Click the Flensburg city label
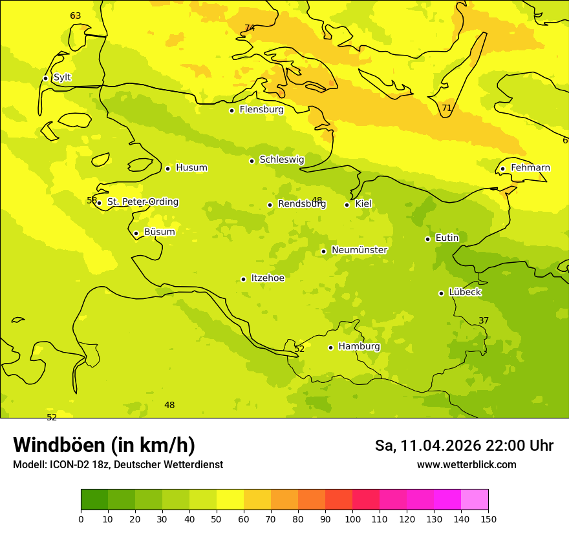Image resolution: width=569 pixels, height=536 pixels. (261, 110)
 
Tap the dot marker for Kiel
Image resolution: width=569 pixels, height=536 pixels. (347, 205)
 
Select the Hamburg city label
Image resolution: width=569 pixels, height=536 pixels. (359, 347)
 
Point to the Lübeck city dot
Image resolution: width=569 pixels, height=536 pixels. (441, 293)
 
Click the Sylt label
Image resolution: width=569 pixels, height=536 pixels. (62, 77)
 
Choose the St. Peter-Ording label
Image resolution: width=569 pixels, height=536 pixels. (142, 202)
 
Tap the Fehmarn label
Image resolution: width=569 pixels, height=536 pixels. (530, 168)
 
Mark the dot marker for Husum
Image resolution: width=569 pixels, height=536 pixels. (167, 169)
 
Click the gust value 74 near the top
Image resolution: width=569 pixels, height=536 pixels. (250, 28)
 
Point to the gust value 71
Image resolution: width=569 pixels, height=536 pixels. (447, 108)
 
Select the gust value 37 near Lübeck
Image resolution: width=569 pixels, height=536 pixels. (484, 321)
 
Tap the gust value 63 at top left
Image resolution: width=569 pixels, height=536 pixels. (76, 16)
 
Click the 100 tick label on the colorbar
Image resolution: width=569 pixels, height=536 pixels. (352, 519)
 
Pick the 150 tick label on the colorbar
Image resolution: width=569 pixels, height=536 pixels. (488, 519)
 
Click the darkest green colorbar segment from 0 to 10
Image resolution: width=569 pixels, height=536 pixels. (94, 500)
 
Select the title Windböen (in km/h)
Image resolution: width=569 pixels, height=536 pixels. (104, 445)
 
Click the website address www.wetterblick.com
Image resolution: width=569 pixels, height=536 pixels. (466, 464)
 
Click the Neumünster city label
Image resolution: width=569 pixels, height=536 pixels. (359, 250)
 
